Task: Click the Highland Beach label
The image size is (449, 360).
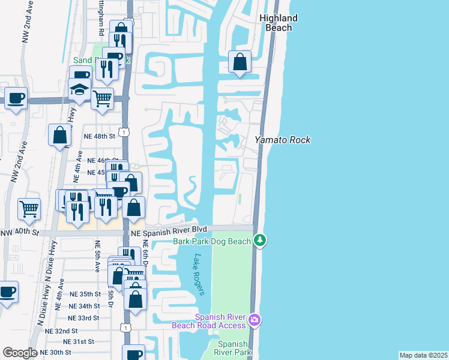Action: pos(279,23)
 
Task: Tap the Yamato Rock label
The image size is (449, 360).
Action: pos(283,140)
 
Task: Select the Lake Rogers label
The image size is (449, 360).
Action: pos(199,274)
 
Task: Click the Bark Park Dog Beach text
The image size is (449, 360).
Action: pos(211,241)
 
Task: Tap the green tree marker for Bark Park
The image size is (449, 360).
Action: pos(259,241)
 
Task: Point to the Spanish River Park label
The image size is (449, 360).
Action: pos(233,348)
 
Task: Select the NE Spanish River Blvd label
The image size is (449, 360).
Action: pos(178,229)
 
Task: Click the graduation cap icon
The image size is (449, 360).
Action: pos(79,90)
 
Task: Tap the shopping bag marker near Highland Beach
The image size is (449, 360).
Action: pos(240,62)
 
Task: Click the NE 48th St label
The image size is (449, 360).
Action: pos(99,136)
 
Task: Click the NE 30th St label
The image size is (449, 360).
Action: pos(55,352)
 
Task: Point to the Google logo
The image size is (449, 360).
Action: pos(19,353)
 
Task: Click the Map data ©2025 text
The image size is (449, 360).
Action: pos(423,355)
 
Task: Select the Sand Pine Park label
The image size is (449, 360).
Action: pos(96,60)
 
